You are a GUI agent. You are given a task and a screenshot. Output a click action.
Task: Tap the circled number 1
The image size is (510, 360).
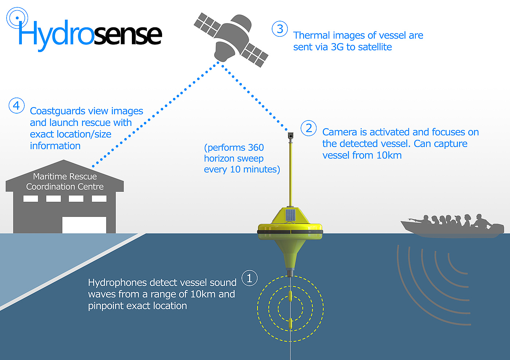[x=250, y=278]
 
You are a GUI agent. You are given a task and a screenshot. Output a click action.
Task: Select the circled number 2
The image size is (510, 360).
[x=309, y=128]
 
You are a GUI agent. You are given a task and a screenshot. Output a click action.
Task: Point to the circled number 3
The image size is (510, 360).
[x=280, y=29]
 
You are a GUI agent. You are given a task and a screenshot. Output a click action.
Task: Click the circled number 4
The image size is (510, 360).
[x=16, y=106]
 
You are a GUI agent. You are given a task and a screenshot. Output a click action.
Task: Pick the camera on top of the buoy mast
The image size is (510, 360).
[x=290, y=136]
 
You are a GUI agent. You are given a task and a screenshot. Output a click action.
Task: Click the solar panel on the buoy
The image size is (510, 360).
[x=290, y=215]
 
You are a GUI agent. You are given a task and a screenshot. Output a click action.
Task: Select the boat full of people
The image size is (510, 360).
[x=452, y=226]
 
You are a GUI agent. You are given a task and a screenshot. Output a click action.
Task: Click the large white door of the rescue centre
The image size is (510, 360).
[x=84, y=225]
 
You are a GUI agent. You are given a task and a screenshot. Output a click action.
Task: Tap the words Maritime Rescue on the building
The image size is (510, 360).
[x=65, y=177]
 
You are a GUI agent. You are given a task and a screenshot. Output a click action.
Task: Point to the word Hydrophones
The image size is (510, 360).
[x=117, y=283]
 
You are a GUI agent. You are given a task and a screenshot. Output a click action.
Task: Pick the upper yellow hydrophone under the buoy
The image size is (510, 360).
[x=290, y=296]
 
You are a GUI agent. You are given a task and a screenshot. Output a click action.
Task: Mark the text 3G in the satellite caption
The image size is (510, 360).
[x=337, y=47]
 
